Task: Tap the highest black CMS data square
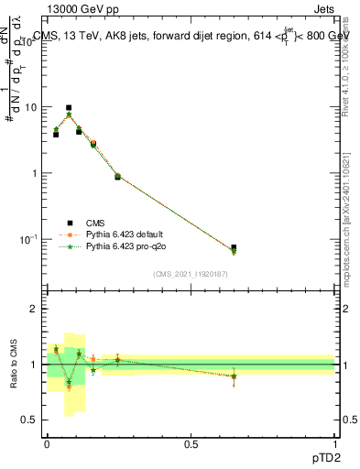tap(69, 108)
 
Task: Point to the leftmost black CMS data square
tap(56, 134)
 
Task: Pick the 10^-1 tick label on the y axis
tap(30, 239)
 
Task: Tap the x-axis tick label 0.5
tap(191, 442)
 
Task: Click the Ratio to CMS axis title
tap(14, 365)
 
